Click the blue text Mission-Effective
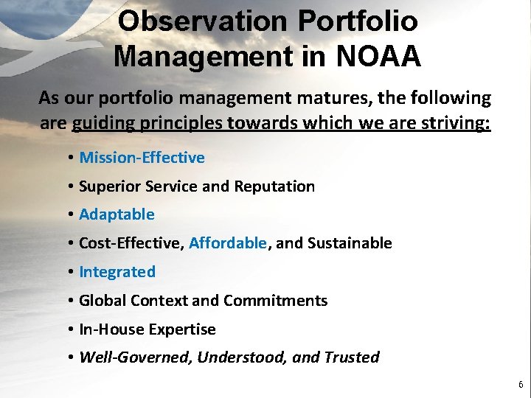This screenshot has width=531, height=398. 142,158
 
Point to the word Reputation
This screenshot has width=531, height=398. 274,186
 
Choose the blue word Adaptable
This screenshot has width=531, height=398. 117,214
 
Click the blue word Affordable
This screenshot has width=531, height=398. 228,243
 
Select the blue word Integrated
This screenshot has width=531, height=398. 117,272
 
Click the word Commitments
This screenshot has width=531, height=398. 275,301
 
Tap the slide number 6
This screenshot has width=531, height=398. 521,385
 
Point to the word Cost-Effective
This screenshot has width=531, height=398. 130,243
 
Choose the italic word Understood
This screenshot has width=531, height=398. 241,358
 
